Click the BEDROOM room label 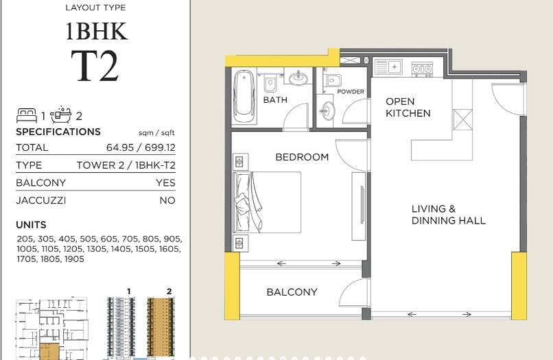[302, 157]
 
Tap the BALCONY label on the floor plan [292, 292]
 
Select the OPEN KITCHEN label [408, 107]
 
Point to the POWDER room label [351, 92]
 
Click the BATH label [275, 100]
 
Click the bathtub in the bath [244, 96]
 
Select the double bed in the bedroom [267, 202]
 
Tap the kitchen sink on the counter [388, 67]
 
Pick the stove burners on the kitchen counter [422, 69]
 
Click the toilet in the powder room [333, 81]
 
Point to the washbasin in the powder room [327, 110]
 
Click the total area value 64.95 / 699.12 [141, 147]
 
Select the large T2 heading [95, 66]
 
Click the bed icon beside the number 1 [27, 115]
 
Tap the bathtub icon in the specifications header [60, 115]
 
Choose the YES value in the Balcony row [165, 182]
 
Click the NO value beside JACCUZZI [167, 200]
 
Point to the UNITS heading [31, 225]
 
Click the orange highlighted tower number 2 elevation [161, 327]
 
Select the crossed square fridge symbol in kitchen [462, 120]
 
